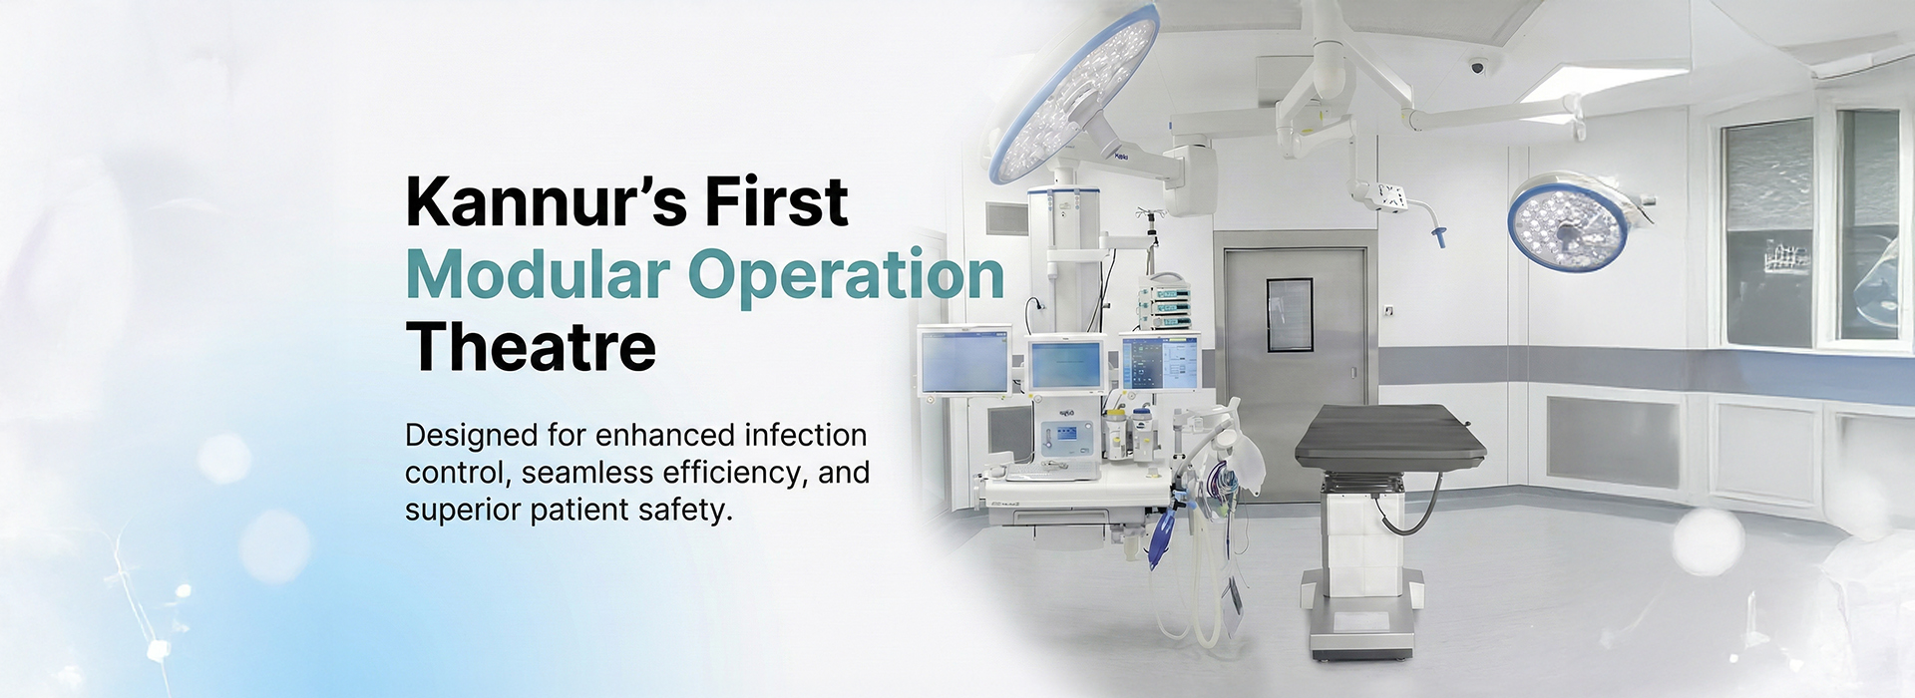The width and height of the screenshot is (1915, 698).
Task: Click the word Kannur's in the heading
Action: [547, 201]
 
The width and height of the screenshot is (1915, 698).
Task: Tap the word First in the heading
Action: [777, 201]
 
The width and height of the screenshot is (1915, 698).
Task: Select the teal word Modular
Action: [538, 274]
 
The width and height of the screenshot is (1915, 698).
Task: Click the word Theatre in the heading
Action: [531, 347]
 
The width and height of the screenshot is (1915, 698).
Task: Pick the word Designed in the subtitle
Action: [472, 437]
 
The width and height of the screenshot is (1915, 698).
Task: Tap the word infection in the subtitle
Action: [806, 436]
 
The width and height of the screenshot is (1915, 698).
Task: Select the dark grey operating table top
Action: [1390, 437]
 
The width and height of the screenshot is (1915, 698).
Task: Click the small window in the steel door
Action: [1290, 315]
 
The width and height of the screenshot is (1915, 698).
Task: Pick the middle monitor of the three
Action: [1066, 365]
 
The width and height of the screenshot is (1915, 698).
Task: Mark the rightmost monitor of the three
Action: [1160, 362]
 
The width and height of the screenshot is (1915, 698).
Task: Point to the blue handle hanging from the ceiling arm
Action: [1438, 237]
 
